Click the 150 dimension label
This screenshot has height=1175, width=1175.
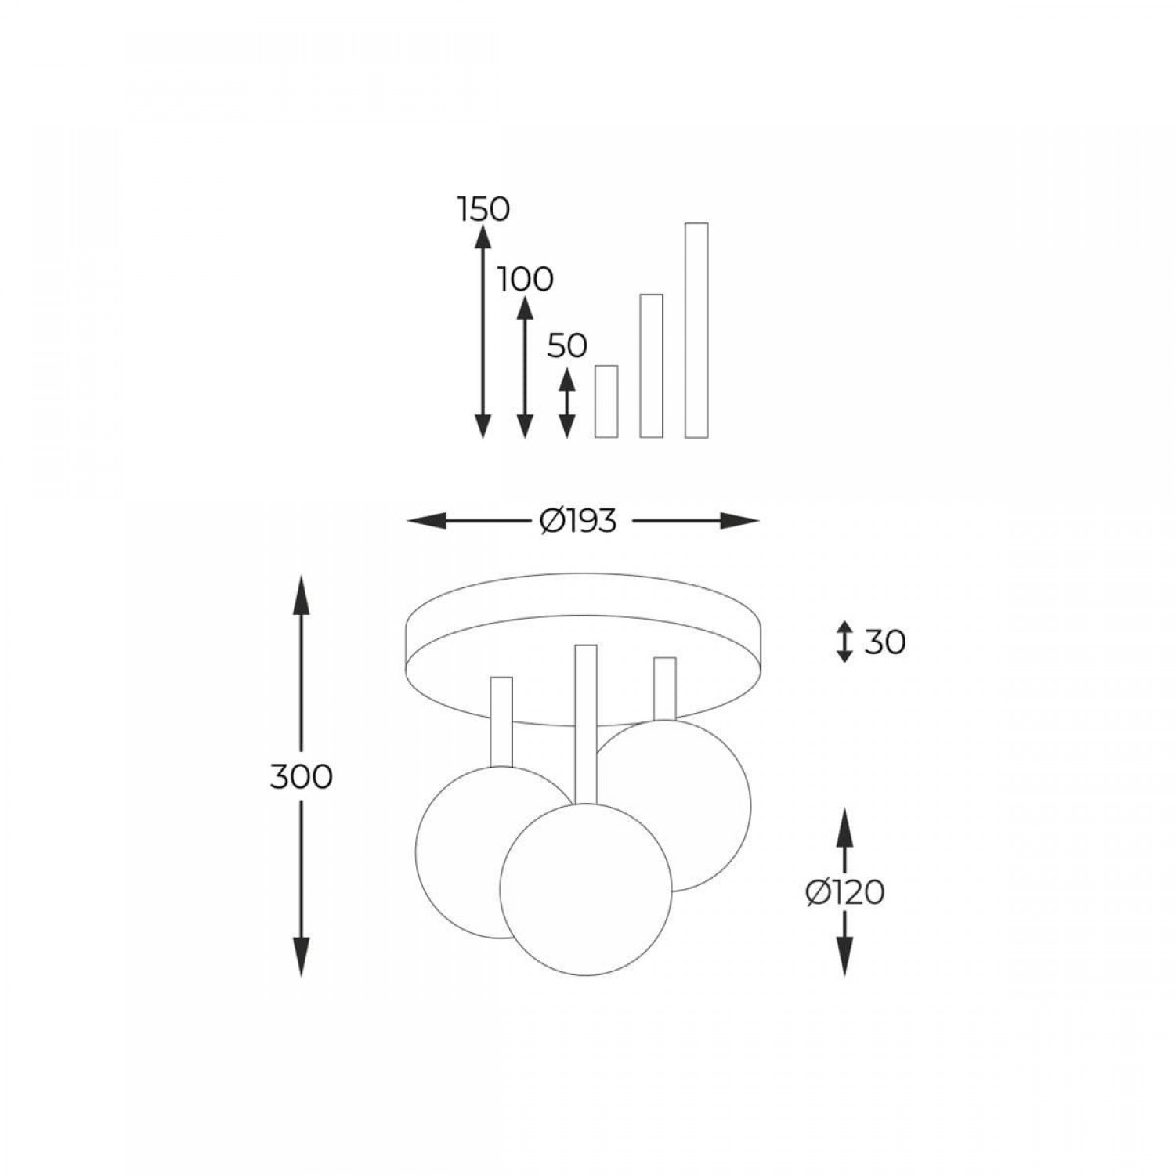(x=483, y=209)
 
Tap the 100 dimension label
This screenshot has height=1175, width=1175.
(x=526, y=279)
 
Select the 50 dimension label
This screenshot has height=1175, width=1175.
(x=567, y=345)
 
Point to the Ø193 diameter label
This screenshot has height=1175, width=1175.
(x=578, y=520)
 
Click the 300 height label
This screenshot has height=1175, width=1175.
(x=302, y=776)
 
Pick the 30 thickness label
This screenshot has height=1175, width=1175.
(x=884, y=642)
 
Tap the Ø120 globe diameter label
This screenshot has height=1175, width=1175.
(x=845, y=891)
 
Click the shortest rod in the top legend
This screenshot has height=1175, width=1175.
(x=606, y=401)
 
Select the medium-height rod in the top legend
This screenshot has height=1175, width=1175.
(x=652, y=365)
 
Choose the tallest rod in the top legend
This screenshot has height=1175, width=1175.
(x=696, y=330)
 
